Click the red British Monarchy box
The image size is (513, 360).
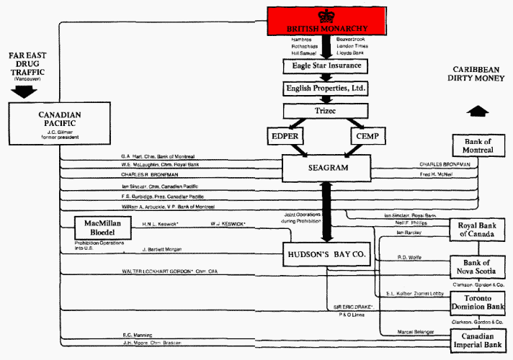[324, 20]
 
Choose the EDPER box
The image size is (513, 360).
[289, 135]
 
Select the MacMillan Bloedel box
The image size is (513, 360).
[105, 230]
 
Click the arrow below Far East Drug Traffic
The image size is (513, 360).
[25, 91]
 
